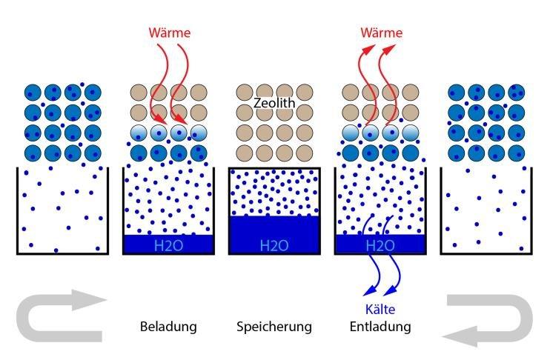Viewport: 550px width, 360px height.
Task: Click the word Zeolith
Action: click(x=274, y=103)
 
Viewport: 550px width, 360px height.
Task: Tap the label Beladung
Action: click(x=168, y=327)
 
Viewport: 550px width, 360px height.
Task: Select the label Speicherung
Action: click(x=274, y=327)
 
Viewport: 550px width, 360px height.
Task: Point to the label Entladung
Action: click(x=380, y=327)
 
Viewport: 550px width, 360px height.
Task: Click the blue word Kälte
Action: click(x=380, y=309)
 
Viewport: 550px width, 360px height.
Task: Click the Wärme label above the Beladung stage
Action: click(x=170, y=33)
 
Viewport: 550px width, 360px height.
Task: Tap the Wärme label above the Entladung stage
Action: click(x=381, y=33)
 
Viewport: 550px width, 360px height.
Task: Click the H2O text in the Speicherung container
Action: click(x=274, y=245)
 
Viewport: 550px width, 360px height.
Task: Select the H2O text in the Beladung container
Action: click(x=168, y=245)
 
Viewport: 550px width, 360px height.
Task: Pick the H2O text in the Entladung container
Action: click(x=380, y=245)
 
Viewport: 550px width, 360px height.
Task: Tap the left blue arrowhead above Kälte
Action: click(x=370, y=291)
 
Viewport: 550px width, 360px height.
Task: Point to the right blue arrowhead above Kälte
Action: click(x=391, y=291)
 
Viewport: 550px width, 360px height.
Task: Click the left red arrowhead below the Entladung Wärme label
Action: click(x=368, y=49)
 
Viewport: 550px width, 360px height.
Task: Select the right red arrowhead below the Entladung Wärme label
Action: click(x=389, y=49)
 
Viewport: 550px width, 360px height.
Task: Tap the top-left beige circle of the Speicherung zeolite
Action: click(x=245, y=93)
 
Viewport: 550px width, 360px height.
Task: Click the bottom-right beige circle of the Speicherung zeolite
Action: click(x=305, y=153)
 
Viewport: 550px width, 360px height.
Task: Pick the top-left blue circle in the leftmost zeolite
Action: click(x=33, y=93)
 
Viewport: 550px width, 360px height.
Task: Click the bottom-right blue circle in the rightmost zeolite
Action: click(x=517, y=153)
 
